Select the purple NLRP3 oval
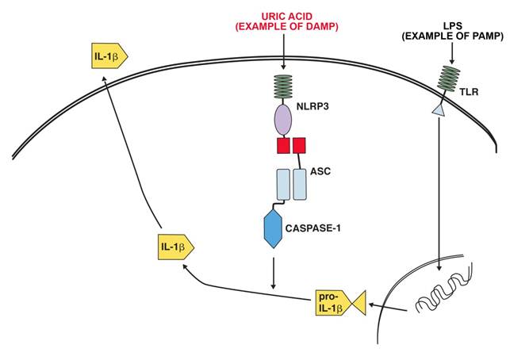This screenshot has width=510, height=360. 285,121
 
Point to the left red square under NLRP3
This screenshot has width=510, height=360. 282,146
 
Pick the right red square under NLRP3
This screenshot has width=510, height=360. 299,146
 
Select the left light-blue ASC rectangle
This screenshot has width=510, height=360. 283,184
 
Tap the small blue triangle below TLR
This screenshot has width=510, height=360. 437,114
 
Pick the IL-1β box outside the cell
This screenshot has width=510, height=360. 106,56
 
